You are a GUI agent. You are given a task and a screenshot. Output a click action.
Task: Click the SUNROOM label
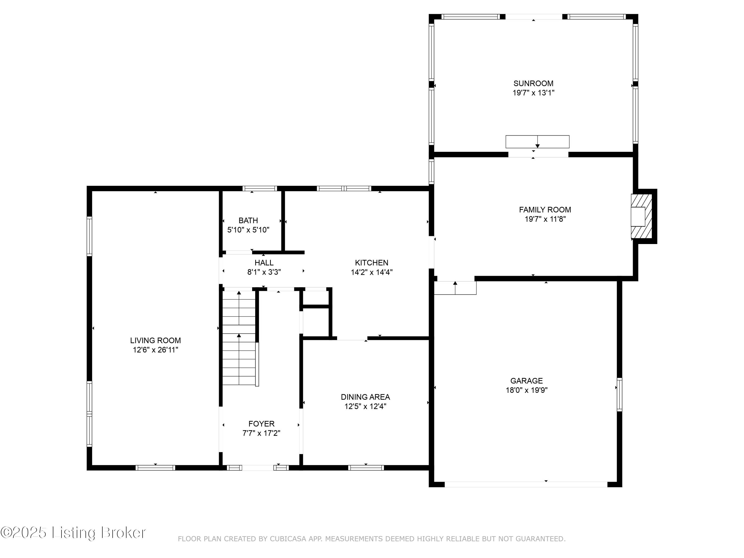[x=533, y=83]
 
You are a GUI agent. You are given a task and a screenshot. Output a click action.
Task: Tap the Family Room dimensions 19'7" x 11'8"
[x=545, y=219]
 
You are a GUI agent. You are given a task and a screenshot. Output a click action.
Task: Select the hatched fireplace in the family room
[x=641, y=217]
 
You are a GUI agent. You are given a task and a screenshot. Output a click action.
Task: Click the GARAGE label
[x=527, y=381]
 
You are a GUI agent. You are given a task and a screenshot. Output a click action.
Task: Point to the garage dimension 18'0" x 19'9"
[x=527, y=390]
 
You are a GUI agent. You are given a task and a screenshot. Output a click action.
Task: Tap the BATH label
[x=248, y=221]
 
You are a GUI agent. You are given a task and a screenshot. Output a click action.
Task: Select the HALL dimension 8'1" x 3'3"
[x=264, y=272]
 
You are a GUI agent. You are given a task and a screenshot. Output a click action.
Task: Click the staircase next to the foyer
[x=239, y=338]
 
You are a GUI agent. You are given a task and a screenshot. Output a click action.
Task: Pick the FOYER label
[x=261, y=424]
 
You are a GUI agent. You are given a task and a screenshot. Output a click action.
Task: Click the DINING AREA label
[x=365, y=397]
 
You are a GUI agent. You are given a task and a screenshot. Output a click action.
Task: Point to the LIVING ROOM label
[x=155, y=341]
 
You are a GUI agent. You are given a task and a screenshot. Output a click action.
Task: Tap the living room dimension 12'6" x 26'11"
[x=155, y=350]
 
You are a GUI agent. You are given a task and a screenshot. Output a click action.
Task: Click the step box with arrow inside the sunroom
[x=537, y=142]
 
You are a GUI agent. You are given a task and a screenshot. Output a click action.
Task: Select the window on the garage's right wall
[x=619, y=395]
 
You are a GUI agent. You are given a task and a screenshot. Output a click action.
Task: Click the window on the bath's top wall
[x=260, y=188]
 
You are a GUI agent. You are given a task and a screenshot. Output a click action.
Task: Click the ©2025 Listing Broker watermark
[x=73, y=532]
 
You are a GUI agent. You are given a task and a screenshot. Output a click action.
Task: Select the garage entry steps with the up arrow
[x=455, y=288]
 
